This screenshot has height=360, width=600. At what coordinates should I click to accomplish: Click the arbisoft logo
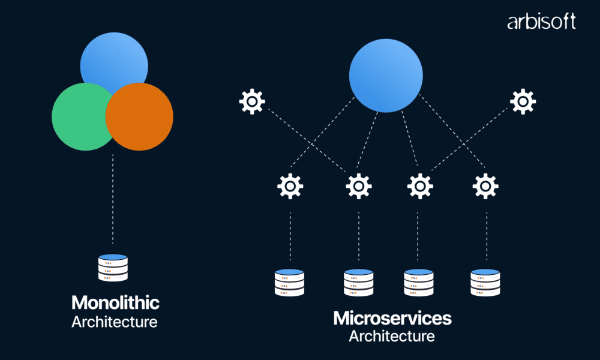541,22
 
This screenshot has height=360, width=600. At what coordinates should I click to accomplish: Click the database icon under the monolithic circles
113,268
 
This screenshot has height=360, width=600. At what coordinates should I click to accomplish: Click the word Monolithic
115,302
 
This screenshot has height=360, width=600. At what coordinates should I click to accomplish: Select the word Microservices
392,317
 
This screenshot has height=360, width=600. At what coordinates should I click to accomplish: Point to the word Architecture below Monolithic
115,322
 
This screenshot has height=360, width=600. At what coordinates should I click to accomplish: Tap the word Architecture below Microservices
392,336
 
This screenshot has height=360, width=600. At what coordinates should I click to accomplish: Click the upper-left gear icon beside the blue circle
252,101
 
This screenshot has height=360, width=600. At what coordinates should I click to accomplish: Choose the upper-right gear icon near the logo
523,101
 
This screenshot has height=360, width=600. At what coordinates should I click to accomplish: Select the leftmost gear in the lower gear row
290,186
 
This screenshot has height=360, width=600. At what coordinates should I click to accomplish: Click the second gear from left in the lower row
359,186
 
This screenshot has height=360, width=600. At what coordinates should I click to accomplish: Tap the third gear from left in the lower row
420,186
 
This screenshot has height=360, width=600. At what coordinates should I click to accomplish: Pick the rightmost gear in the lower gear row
485,186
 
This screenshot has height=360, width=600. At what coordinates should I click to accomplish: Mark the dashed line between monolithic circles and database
113,198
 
